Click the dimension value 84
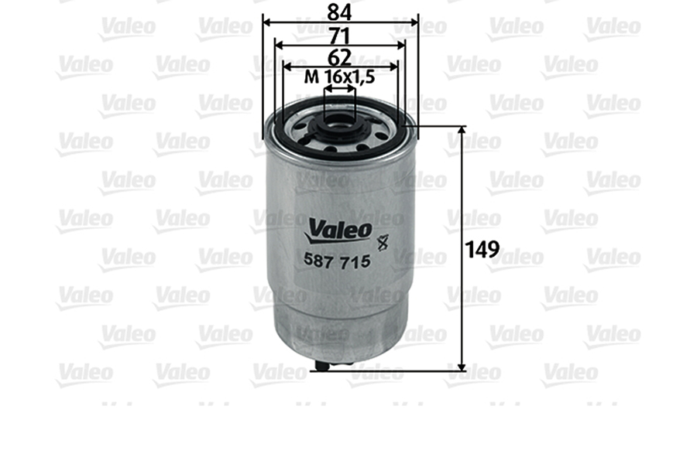click(x=339, y=12)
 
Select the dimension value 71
click(x=339, y=36)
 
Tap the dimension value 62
click(x=340, y=58)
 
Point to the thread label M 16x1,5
click(x=340, y=77)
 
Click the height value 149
click(x=482, y=250)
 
